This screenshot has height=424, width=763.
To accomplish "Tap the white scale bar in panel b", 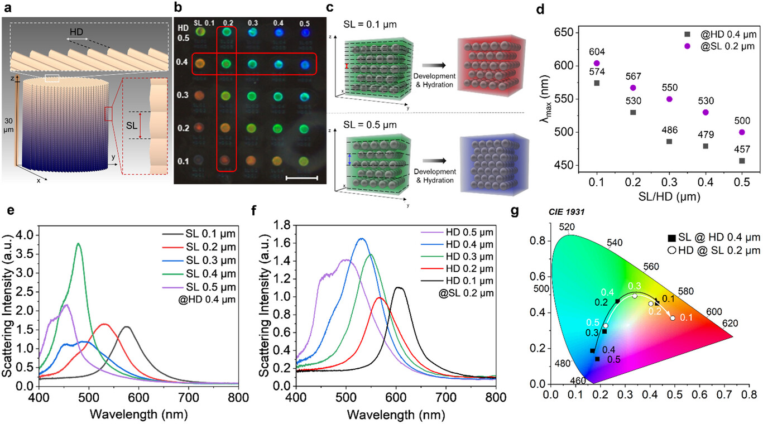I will point(302,179).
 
